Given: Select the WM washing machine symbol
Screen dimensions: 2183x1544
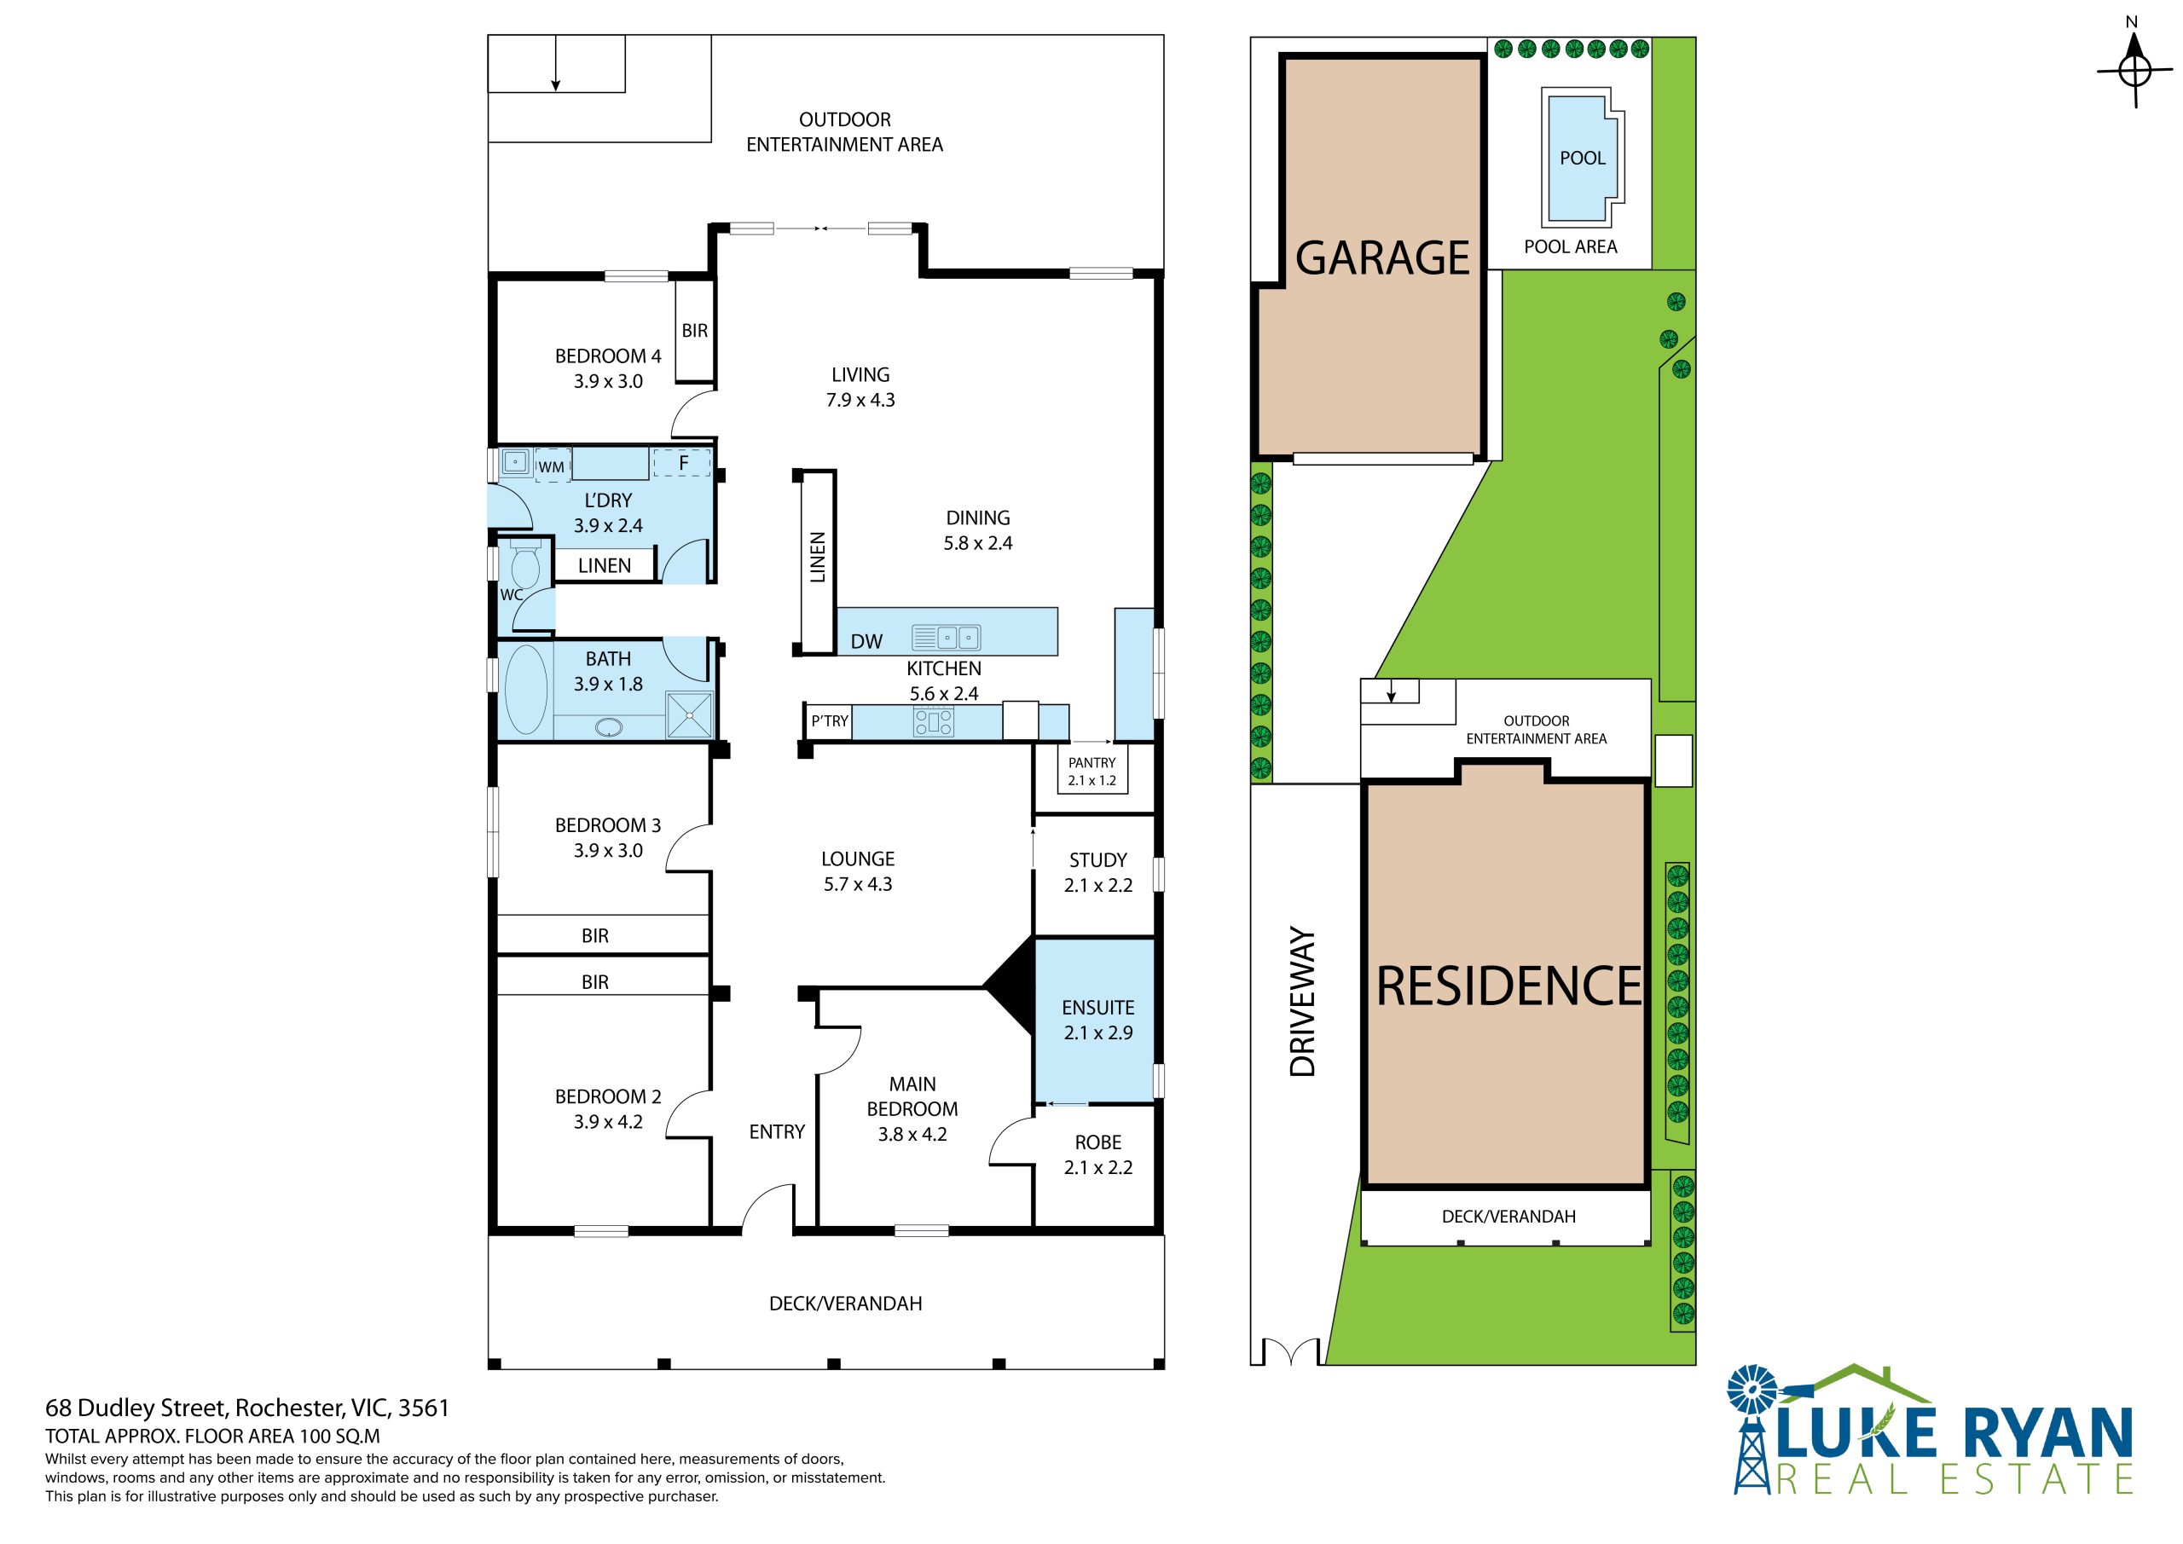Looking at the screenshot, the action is pos(552,466).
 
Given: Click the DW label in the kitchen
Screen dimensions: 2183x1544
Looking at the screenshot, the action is pos(866,642).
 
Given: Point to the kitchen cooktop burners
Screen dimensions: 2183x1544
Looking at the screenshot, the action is pos(933,724).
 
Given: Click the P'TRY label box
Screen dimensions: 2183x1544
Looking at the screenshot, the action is pos(829,721).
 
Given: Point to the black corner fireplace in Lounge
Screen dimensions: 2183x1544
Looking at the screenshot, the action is pos(1010,986).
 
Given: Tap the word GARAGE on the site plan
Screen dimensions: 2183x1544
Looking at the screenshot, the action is pos(1382,257).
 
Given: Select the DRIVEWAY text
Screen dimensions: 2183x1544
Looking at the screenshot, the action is pos(1303,1002).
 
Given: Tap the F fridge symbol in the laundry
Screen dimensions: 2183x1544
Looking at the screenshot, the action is pos(683,464).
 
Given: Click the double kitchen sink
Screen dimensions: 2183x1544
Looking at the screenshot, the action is pos(946,636).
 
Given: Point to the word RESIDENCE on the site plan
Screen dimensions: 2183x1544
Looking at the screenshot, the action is pos(1508,986).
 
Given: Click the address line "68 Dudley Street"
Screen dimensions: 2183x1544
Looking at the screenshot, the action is pos(135,1408).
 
